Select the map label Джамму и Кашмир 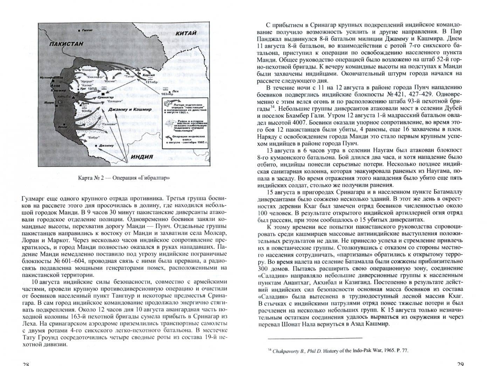(130, 109)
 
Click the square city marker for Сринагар (102, 94)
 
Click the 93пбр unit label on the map (86, 110)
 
